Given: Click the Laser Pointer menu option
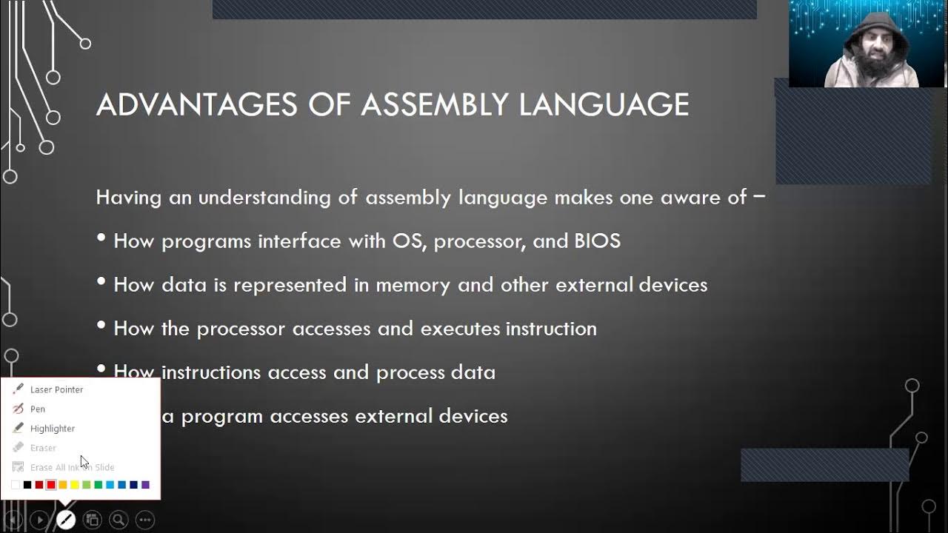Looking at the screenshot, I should click(x=56, y=389).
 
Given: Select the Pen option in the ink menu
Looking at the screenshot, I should click(x=37, y=409).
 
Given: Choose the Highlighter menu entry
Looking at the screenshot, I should click(x=52, y=429).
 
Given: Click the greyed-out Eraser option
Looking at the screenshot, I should click(x=43, y=448).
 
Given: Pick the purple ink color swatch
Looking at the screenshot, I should click(x=145, y=485).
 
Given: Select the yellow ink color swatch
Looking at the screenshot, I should click(x=74, y=485).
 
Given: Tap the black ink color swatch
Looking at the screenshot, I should click(x=27, y=485).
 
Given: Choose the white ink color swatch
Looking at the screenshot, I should click(x=16, y=485).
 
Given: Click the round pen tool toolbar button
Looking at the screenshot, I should click(x=66, y=520).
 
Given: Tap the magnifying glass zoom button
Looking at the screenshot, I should click(x=119, y=520).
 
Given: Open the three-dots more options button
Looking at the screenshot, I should click(x=145, y=520).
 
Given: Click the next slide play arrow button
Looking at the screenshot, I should click(x=39, y=520).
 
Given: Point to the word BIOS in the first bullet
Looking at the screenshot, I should click(x=597, y=241).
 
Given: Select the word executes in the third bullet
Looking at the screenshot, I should click(x=460, y=329).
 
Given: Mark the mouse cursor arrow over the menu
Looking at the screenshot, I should click(x=84, y=461).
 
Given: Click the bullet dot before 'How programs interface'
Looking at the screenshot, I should click(x=101, y=239).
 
